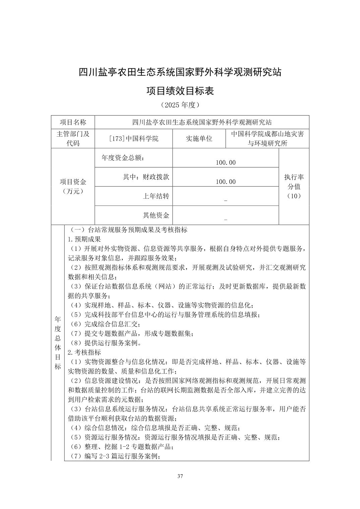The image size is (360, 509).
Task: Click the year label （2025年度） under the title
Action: [180, 105]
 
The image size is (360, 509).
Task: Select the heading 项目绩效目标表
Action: [180, 91]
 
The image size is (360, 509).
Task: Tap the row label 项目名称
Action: [73, 122]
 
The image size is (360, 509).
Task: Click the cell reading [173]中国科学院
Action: [134, 139]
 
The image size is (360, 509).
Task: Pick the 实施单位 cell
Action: [199, 139]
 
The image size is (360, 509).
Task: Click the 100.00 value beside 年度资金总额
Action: [226, 162]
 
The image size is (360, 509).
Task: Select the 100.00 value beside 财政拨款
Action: [226, 181]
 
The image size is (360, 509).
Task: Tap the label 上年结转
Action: [156, 196]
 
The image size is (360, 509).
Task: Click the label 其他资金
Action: [156, 215]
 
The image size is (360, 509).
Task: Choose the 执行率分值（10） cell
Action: [294, 186]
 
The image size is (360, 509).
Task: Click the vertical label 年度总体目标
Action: [58, 343]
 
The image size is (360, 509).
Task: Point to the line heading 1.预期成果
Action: [84, 239]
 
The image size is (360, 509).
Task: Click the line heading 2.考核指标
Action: [84, 352]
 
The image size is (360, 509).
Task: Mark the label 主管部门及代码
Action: [73, 139]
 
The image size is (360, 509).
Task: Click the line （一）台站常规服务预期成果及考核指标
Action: [128, 230]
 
